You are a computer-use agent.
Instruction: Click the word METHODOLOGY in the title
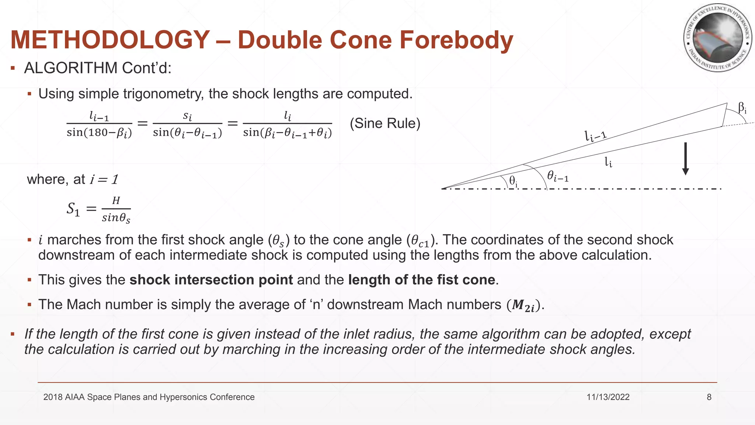(110, 40)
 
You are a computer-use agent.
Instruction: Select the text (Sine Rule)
(385, 123)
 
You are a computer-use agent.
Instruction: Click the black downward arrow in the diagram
(685, 159)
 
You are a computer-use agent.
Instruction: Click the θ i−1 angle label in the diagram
(557, 176)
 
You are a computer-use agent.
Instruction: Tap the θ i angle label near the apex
(513, 181)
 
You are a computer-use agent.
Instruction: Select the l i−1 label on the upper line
(595, 136)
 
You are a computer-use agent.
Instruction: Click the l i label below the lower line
(608, 162)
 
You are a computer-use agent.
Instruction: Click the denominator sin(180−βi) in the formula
(99, 132)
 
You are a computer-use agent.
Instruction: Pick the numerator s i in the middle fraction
(187, 116)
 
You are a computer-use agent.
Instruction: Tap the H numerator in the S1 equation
(116, 200)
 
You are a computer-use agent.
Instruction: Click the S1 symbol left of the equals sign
(73, 209)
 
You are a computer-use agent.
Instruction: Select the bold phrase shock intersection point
(211, 280)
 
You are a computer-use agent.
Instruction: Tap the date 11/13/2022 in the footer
(608, 397)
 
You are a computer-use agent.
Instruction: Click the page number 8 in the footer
(709, 397)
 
